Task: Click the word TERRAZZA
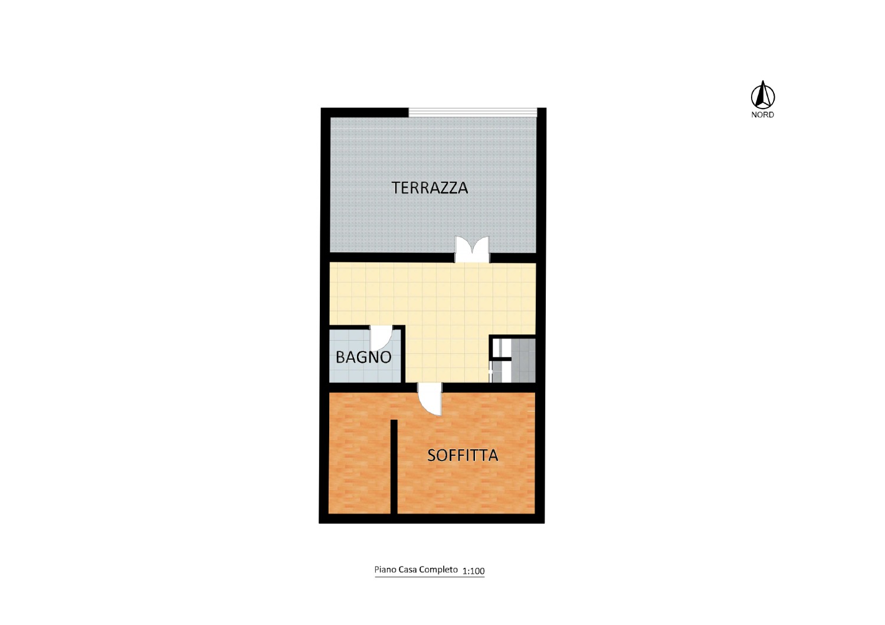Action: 430,187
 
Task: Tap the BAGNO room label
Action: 363,357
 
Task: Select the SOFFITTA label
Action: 463,455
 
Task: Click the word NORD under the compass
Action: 762,115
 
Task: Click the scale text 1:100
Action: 473,571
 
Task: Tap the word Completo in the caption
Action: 438,570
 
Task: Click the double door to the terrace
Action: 472,249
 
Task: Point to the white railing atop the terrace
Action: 473,112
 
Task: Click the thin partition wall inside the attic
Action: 394,466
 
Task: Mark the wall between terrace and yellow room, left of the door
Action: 392,258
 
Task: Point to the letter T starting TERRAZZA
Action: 396,187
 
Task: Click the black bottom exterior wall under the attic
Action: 431,519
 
